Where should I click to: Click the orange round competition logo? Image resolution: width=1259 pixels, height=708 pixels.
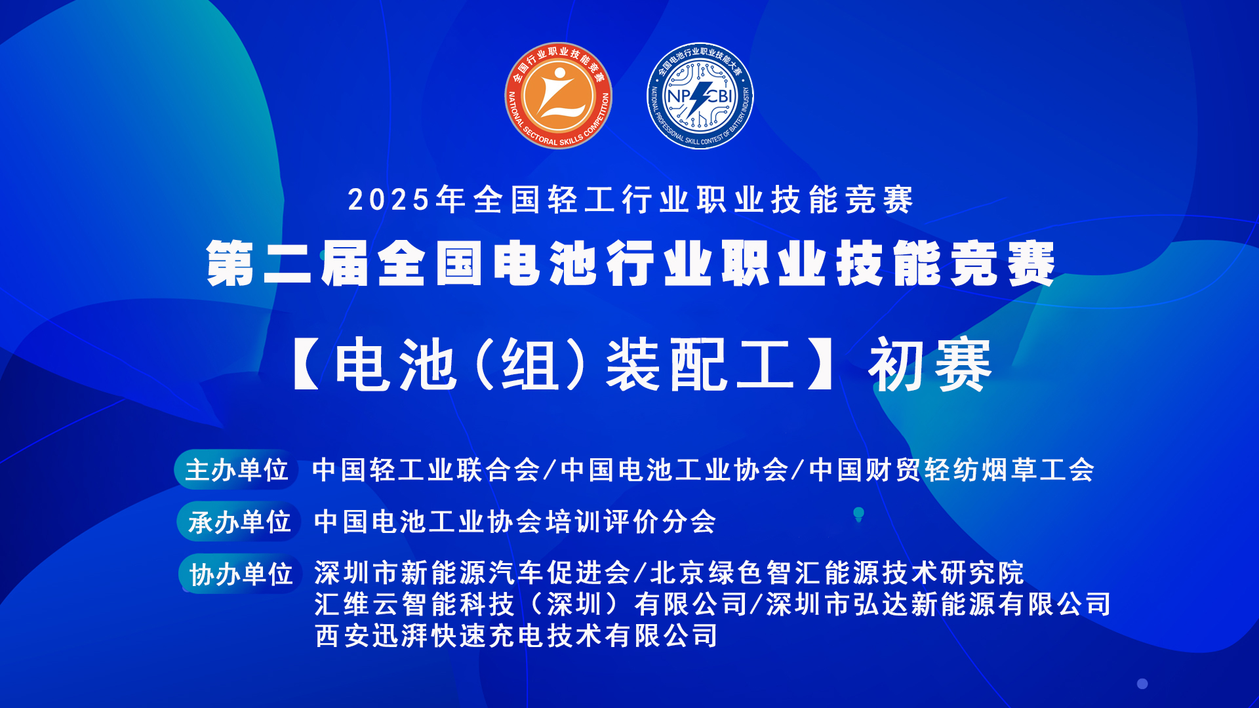[558, 96]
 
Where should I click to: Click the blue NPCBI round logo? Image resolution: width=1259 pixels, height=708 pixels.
[700, 96]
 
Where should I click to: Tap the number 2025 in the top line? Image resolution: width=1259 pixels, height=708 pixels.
[389, 200]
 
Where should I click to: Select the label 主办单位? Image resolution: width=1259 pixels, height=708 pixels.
[236, 470]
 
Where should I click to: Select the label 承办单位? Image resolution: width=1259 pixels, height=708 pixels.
[239, 522]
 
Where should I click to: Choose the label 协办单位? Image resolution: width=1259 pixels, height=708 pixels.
[241, 574]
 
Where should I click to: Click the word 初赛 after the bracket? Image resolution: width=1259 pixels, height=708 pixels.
[930, 365]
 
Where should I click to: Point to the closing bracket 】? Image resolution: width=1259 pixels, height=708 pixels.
[820, 365]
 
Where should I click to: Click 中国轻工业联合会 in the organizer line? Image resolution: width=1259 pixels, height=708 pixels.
[426, 470]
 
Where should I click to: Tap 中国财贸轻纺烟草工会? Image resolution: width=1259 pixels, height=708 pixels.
[951, 470]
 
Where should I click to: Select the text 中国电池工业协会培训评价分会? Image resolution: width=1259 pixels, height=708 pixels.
[515, 522]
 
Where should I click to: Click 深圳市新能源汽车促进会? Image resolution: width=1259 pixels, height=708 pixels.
[472, 573]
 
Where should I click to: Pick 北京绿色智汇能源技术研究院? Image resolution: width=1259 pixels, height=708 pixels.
[837, 573]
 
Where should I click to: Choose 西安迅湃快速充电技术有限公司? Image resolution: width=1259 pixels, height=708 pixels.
[516, 636]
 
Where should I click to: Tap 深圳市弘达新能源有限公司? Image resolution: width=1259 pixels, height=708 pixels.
[938, 604]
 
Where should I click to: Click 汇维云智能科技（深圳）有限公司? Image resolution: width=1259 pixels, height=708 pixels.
[530, 604]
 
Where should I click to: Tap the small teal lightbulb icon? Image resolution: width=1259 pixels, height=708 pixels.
[858, 515]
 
